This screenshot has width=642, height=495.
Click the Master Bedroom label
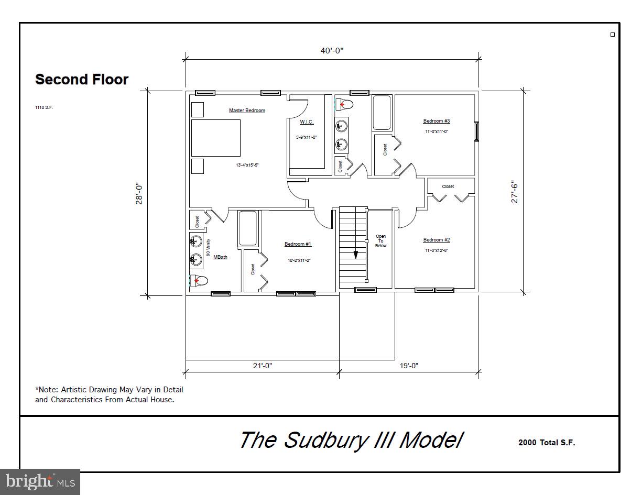click(247, 111)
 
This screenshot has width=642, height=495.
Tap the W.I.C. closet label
click(307, 122)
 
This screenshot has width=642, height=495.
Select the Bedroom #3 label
click(437, 121)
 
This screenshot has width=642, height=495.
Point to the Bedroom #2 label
click(437, 240)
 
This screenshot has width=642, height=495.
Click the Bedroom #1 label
click(298, 244)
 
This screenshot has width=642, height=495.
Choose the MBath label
click(220, 257)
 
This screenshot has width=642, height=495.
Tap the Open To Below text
click(381, 241)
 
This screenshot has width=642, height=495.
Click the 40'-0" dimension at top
click(332, 51)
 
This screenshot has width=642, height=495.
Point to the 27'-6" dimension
click(515, 192)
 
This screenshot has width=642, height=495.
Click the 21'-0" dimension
click(263, 366)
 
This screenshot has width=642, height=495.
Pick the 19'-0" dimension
click(409, 366)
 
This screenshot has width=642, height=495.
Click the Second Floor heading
click(82, 80)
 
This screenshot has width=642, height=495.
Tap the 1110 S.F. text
click(44, 107)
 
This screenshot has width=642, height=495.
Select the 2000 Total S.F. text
click(547, 443)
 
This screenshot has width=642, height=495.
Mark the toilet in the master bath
click(199, 281)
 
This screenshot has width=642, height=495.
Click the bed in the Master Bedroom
click(215, 138)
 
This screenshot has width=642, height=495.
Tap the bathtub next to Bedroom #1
click(248, 228)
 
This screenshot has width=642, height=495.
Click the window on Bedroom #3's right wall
click(476, 131)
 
